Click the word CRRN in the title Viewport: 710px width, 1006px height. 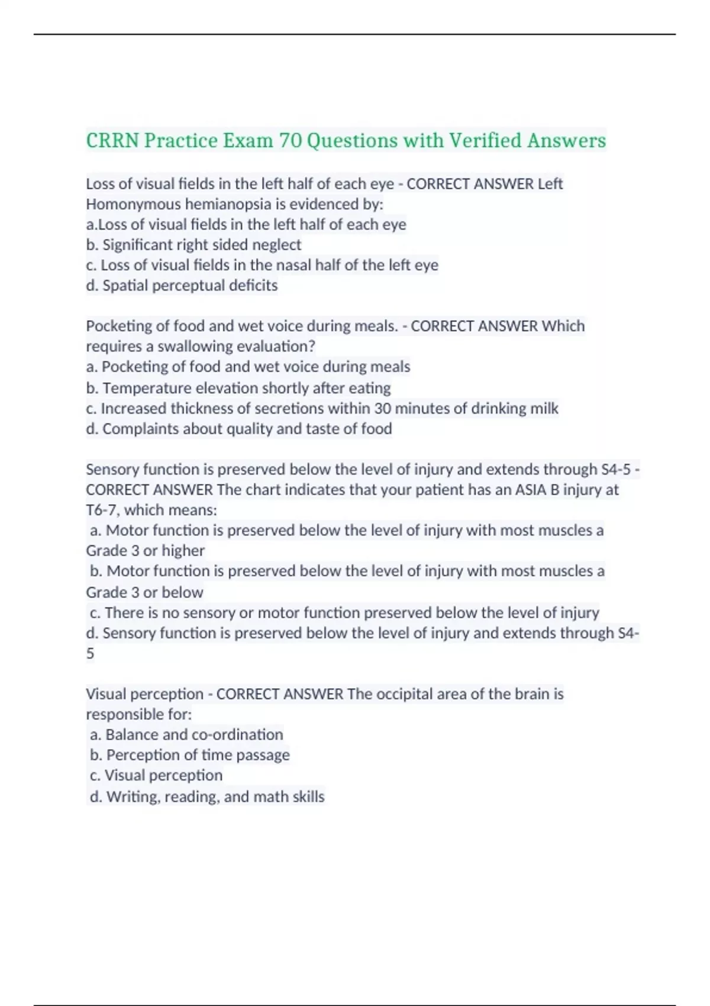click(x=112, y=141)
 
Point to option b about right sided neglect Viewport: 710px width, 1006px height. click(x=193, y=245)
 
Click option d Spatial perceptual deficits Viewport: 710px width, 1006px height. click(x=182, y=286)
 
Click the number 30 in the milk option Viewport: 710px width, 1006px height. click(x=382, y=409)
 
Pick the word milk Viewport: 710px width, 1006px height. click(x=544, y=409)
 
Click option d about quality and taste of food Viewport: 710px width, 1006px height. click(x=239, y=429)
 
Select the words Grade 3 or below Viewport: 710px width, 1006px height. click(x=144, y=592)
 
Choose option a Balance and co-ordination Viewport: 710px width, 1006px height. click(x=186, y=735)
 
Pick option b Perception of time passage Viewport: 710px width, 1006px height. click(x=190, y=755)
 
